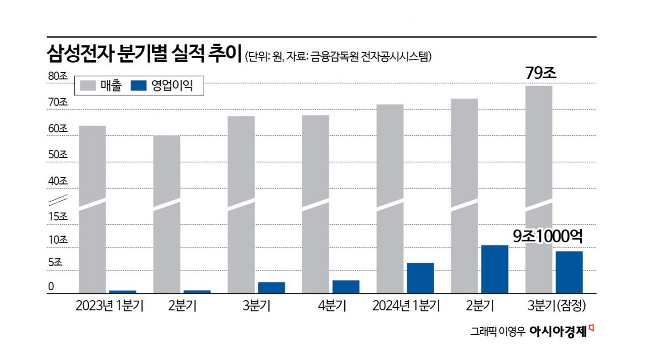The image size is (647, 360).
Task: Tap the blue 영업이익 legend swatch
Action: tap(139, 86)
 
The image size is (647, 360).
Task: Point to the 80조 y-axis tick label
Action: tap(58, 77)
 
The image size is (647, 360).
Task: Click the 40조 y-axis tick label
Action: tap(58, 181)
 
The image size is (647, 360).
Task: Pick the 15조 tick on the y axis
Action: tap(58, 216)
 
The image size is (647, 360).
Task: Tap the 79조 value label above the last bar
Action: tap(540, 73)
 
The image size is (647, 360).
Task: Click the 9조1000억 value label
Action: tap(548, 236)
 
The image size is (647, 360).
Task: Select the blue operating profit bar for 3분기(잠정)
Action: tap(569, 272)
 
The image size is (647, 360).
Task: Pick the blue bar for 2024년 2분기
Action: tap(494, 269)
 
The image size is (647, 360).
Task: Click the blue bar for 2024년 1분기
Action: tap(420, 278)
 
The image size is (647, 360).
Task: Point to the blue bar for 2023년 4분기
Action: tap(346, 286)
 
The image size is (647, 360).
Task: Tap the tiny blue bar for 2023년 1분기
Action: tap(123, 292)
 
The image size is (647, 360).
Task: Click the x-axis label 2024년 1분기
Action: tap(406, 306)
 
